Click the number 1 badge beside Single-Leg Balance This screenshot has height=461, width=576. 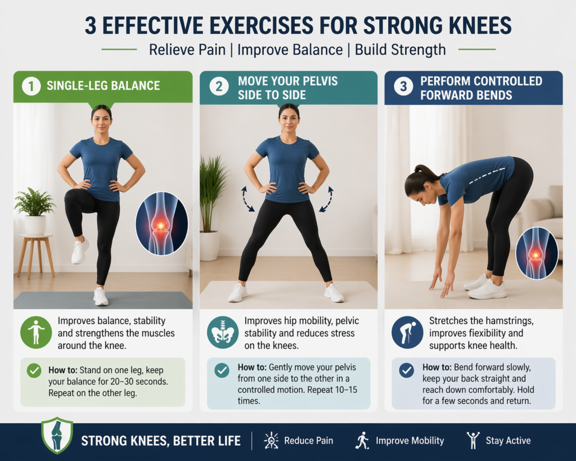point(30,86)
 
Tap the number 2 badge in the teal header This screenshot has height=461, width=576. point(218,87)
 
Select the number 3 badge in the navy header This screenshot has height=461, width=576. point(402,87)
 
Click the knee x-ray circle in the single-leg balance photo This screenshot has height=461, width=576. point(161,223)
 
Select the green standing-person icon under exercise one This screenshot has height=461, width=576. point(36,332)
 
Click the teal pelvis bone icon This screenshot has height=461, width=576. point(221,333)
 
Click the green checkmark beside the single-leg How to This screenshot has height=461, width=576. point(34,370)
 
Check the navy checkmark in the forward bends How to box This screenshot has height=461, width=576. point(406,370)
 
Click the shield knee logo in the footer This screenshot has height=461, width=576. point(57,435)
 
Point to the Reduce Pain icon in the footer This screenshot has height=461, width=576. point(271,441)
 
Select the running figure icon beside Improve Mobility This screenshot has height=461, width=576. point(362,441)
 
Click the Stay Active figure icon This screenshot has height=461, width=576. point(473,441)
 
